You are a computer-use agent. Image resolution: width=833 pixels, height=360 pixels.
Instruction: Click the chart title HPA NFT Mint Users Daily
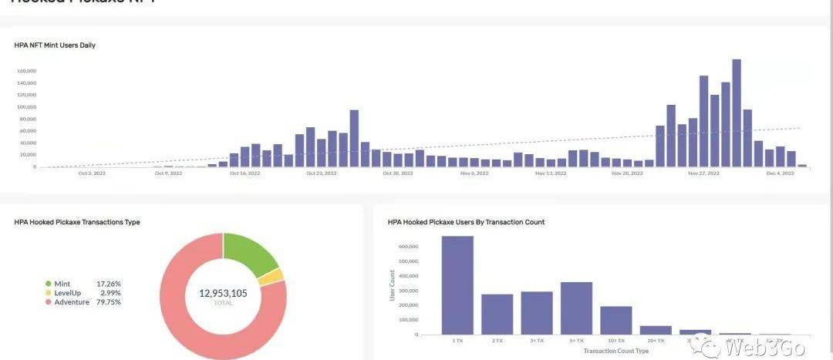tap(55, 45)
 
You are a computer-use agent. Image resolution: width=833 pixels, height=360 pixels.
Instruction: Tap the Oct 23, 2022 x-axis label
tap(321, 173)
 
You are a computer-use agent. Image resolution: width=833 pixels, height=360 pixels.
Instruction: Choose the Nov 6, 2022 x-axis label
tap(474, 173)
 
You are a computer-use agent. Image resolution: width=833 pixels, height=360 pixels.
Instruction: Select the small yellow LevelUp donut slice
tap(273, 277)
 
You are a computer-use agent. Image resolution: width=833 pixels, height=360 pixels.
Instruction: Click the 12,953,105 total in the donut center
tap(223, 293)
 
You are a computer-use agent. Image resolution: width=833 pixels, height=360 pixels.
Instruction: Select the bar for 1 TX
tap(457, 285)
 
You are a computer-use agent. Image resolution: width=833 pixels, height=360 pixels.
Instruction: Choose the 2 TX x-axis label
tap(497, 340)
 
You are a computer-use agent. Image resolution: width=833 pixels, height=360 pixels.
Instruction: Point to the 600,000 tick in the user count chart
tap(409, 247)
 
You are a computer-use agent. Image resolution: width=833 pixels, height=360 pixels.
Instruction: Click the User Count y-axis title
tap(393, 286)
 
